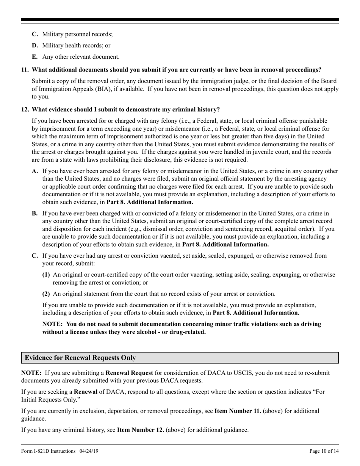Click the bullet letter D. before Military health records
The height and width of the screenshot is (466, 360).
pyautogui.click(x=35, y=45)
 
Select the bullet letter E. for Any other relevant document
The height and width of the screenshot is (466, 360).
pyautogui.click(x=35, y=57)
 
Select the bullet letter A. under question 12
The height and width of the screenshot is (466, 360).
pyautogui.click(x=35, y=171)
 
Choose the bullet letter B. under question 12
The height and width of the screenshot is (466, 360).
pyautogui.click(x=35, y=213)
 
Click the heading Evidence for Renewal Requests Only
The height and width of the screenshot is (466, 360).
pyautogui.click(x=80, y=358)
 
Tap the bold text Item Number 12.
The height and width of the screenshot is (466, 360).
pyautogui.click(x=140, y=430)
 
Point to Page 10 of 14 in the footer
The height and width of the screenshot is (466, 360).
pyautogui.click(x=324, y=451)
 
